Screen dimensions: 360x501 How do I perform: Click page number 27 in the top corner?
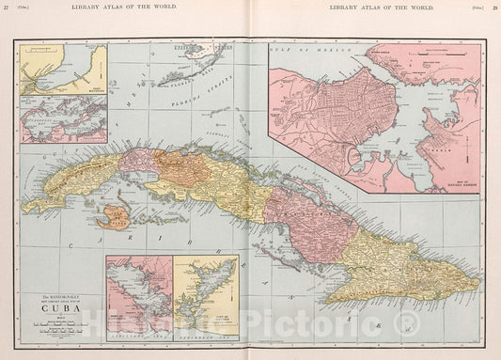coord(8,8)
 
